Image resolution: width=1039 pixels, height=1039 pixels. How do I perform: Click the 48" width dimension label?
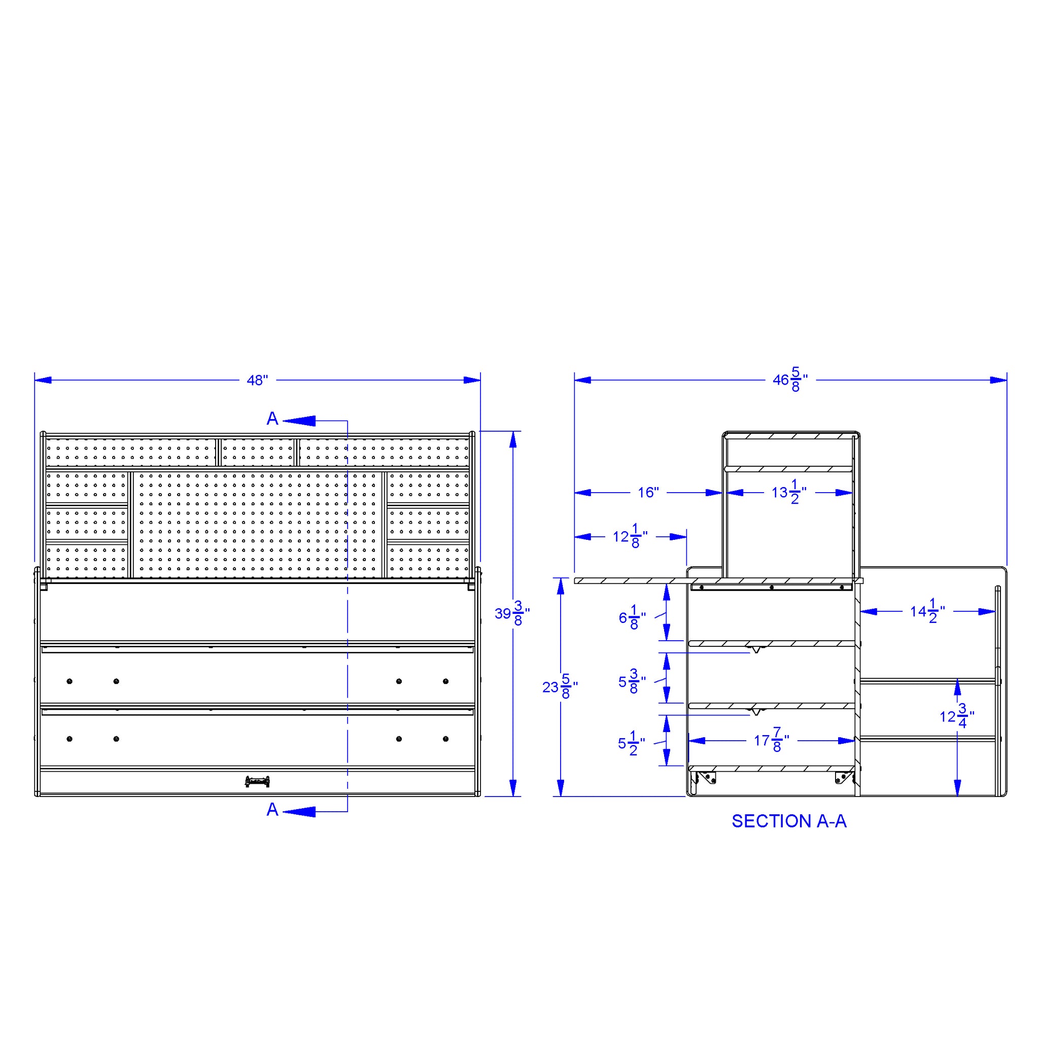(x=257, y=380)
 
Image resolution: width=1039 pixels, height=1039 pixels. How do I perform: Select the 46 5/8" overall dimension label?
(x=790, y=379)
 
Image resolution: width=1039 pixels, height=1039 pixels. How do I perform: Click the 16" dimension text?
(x=648, y=493)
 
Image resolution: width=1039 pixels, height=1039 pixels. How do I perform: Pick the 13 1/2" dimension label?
(x=789, y=492)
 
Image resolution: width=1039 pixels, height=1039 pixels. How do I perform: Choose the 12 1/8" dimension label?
(x=630, y=536)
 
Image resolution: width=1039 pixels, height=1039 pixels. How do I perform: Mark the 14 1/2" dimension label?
(x=928, y=611)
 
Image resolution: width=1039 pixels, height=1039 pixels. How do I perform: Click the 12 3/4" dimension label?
(x=957, y=716)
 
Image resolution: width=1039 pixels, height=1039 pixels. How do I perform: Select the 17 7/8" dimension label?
(x=772, y=741)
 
